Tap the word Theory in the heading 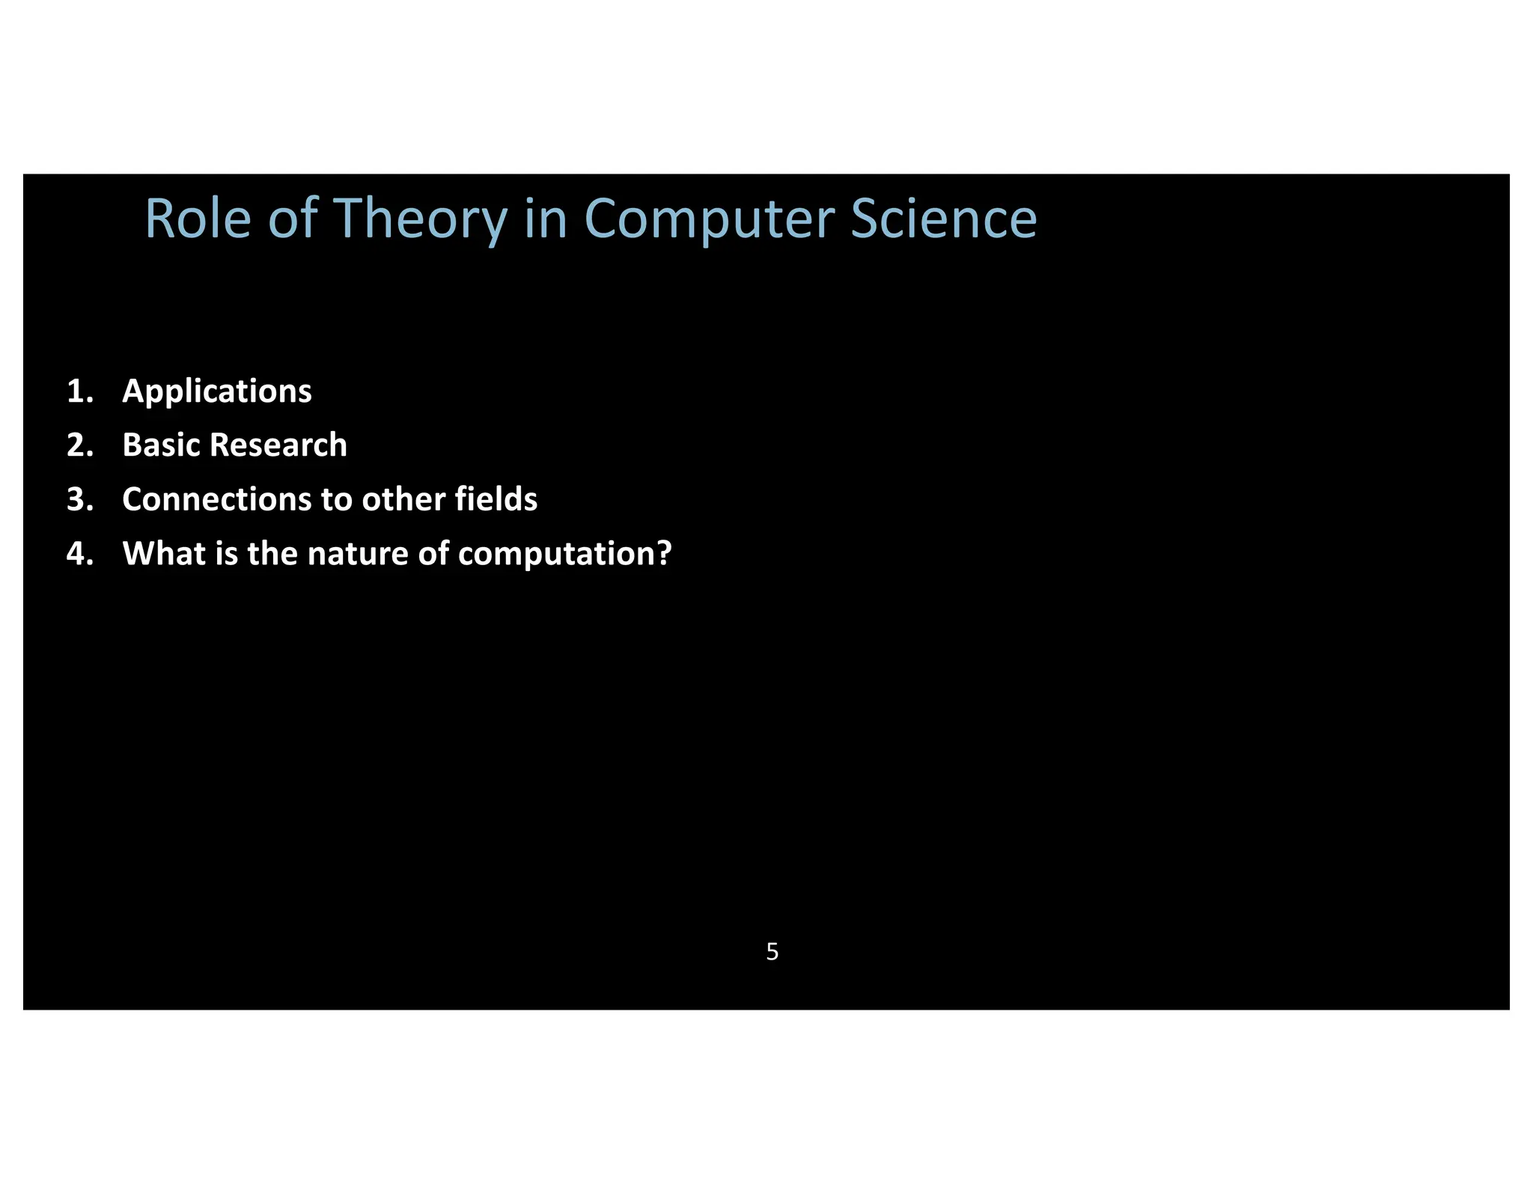click(420, 219)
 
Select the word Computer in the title click(709, 219)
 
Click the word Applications click(217, 391)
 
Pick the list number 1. click(79, 391)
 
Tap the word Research click(279, 445)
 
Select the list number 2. click(79, 445)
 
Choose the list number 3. click(79, 499)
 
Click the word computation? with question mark click(564, 554)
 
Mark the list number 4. click(79, 554)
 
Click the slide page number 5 click(772, 952)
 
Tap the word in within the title click(545, 219)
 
